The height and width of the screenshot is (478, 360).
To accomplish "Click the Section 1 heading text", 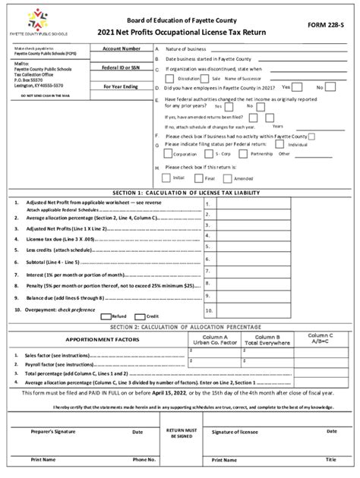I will (x=180, y=193).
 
